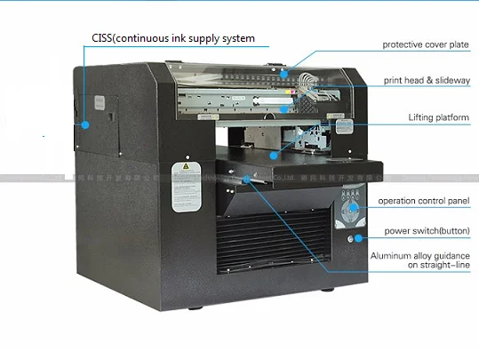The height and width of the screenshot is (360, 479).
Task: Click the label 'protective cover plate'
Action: coord(425,44)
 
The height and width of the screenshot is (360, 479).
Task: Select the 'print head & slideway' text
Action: coord(425,80)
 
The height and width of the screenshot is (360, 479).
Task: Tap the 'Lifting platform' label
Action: coord(438,116)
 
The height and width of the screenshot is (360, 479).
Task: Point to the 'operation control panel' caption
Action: coord(423,202)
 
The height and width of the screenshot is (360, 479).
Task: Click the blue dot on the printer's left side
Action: coord(86,124)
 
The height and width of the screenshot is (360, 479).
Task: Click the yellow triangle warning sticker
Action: coord(185,166)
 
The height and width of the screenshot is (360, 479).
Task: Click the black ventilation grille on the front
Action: coord(267,244)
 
